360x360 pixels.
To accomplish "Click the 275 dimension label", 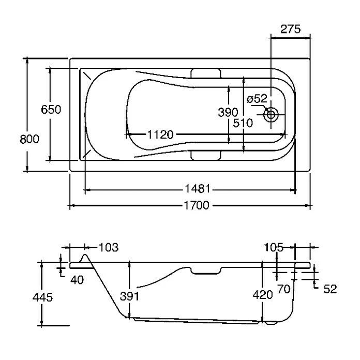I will (290, 29).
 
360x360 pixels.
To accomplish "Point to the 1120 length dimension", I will (159, 135).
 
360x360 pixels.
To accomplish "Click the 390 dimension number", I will (228, 112).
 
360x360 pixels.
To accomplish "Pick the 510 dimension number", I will (243, 123).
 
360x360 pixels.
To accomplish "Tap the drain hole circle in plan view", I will (271, 114).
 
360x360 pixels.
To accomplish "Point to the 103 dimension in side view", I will (108, 247).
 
